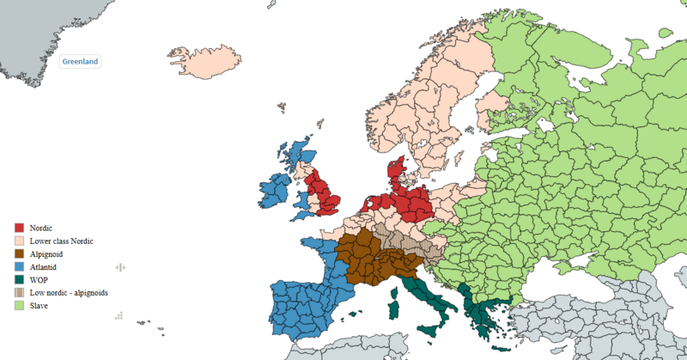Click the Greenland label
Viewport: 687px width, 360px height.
[x=81, y=62]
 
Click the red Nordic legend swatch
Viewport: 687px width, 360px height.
[x=19, y=228]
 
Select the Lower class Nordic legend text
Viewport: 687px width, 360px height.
[x=61, y=241]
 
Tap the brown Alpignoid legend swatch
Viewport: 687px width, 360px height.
[x=19, y=253]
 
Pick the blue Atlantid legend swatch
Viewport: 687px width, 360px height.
[x=19, y=266]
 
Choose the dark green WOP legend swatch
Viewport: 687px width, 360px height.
[x=19, y=279]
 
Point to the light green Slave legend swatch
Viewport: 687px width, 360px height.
[x=19, y=306]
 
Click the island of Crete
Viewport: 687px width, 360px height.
[x=502, y=352]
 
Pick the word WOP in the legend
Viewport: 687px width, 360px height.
[x=38, y=279]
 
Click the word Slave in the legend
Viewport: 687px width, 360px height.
[x=40, y=306]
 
